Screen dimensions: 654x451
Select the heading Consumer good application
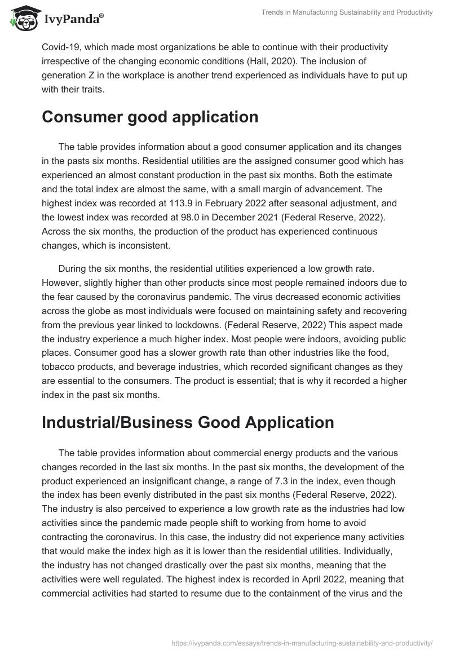[150, 117]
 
